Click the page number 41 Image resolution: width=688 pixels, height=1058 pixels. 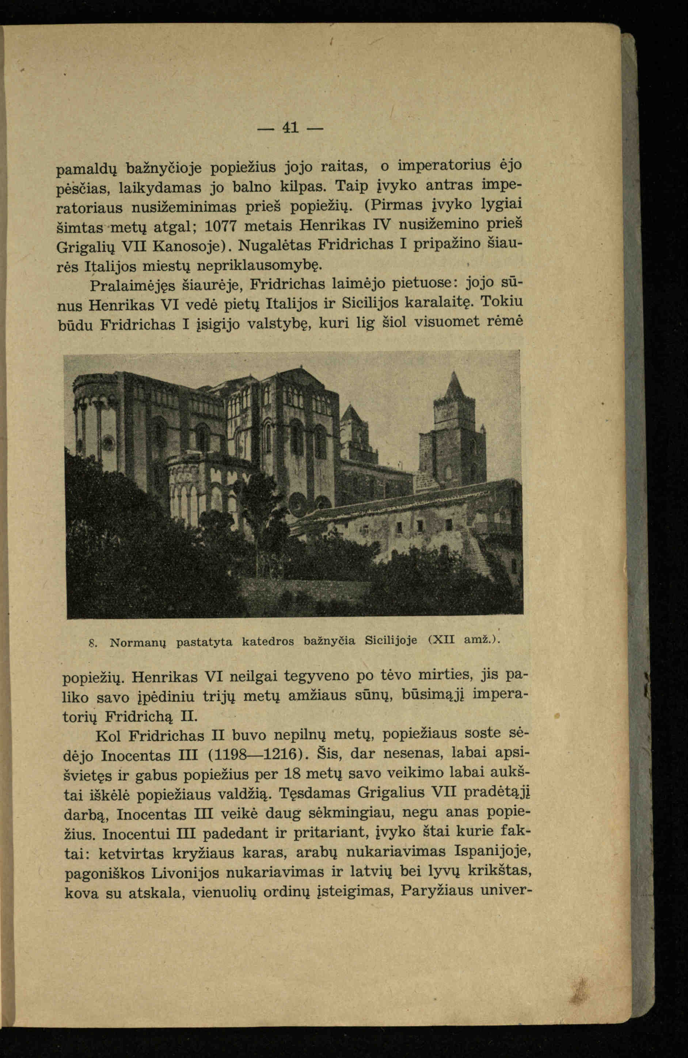coord(290,128)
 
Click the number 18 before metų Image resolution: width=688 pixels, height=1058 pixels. coord(292,774)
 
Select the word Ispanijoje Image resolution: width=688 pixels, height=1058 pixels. coord(493,851)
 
